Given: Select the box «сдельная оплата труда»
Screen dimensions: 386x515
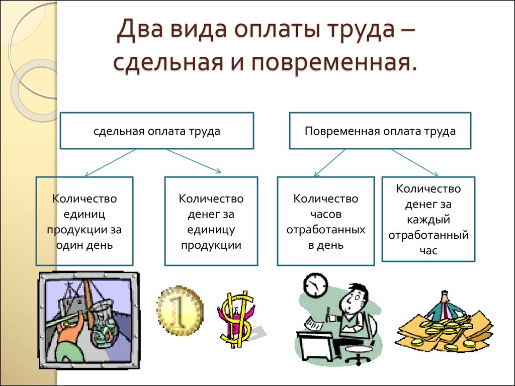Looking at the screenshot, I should click(x=157, y=131).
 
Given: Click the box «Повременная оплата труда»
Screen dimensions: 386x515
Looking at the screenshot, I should click(x=380, y=131).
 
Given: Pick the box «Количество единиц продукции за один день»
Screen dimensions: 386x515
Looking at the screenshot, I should click(x=84, y=221).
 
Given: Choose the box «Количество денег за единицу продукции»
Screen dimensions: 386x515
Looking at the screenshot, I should click(x=211, y=221).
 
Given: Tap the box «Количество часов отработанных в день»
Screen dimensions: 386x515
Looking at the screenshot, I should click(x=326, y=221).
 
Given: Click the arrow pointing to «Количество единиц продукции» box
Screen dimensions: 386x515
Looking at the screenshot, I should click(x=111, y=162).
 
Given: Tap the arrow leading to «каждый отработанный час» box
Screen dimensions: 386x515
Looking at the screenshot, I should click(x=415, y=162).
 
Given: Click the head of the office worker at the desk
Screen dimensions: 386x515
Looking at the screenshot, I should click(x=355, y=299).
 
